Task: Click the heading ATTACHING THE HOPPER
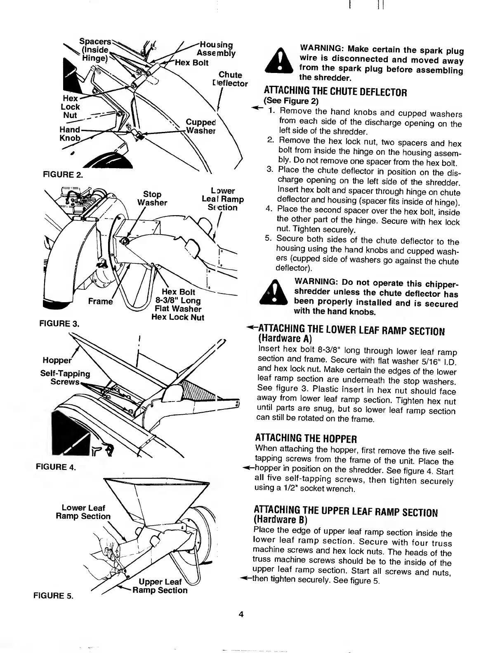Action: tap(306, 438)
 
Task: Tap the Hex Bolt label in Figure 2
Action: tap(192, 63)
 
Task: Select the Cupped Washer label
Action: tap(201, 127)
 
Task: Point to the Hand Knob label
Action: tap(70, 134)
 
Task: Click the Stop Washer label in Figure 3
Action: tap(152, 198)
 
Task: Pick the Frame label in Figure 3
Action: tap(101, 301)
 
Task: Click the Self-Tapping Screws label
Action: tap(65, 378)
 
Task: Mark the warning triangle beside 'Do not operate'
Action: tap(274, 293)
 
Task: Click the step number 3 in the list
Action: tap(270, 170)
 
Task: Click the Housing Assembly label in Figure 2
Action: tap(216, 49)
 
